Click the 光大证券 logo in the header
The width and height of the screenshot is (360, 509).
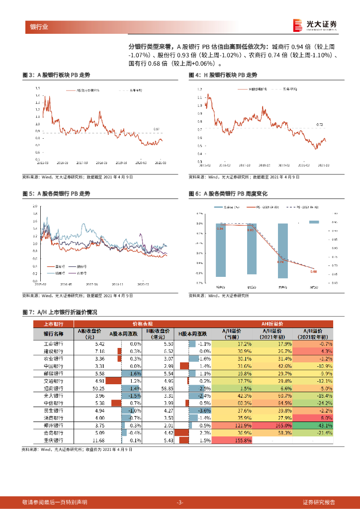coord(315,25)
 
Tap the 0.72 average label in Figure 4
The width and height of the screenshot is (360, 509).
coord(320,124)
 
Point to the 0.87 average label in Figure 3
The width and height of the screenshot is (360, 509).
coord(156,129)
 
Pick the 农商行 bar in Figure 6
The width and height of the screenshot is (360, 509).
coord(282,251)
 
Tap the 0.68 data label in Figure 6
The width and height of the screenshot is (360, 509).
coord(313,271)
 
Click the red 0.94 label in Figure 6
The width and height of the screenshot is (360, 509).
coord(220,229)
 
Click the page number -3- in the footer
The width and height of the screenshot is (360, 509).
coord(180,502)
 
